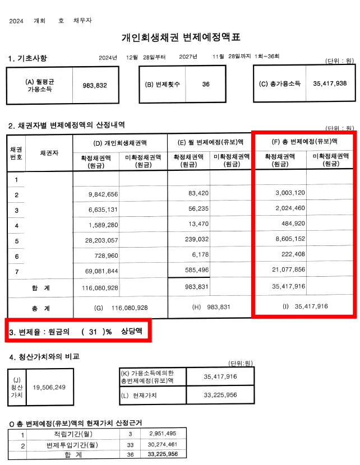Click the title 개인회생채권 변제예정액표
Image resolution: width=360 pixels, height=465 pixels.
tap(181, 38)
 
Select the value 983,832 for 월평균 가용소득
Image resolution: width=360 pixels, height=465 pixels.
tap(94, 85)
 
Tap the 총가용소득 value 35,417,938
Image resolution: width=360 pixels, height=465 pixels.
tap(330, 83)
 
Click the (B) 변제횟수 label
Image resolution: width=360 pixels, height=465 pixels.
tap(163, 84)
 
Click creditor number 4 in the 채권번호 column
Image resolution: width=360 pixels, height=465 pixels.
tap(16, 226)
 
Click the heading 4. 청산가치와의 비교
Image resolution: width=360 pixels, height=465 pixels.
tap(43, 357)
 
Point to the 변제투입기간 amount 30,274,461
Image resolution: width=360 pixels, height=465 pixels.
tap(163, 444)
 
